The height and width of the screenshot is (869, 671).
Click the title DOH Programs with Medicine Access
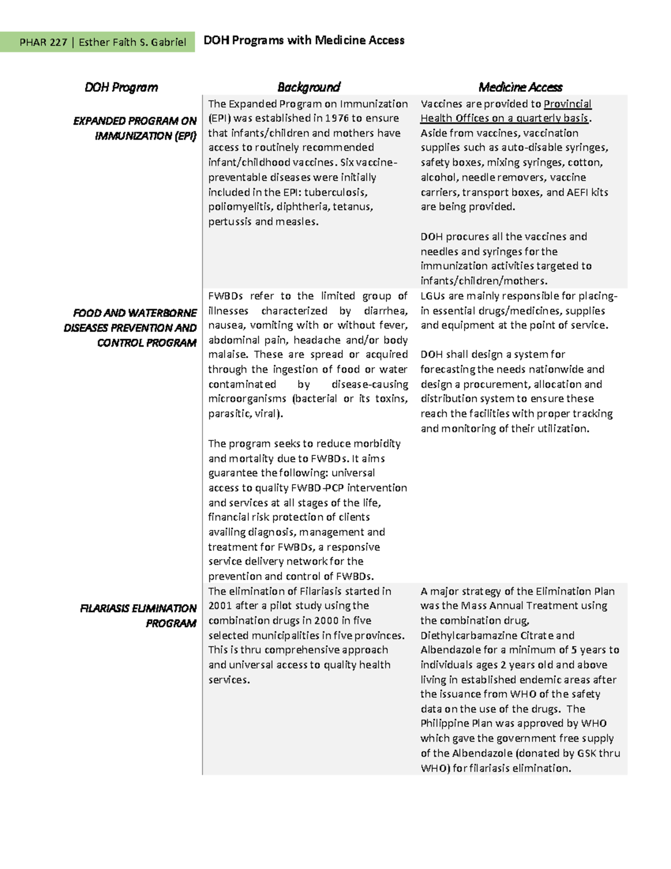point(304,40)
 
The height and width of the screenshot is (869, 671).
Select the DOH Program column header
point(121,87)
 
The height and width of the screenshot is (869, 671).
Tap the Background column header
point(309,87)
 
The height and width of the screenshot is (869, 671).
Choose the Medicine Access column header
point(520,87)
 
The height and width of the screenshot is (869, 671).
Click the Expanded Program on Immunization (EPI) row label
point(134,128)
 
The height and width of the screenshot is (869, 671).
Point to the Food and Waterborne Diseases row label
point(130,327)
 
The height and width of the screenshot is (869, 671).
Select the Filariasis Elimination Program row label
point(138,616)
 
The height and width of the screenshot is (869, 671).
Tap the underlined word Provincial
point(567,104)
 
